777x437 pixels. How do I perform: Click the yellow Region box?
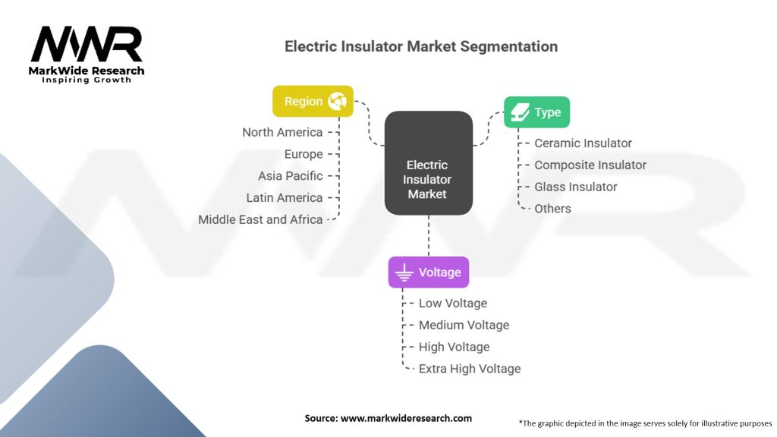(x=313, y=101)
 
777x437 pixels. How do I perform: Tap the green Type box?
(x=536, y=112)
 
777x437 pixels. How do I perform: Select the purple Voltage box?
(x=429, y=272)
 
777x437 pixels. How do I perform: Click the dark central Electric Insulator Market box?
(x=429, y=163)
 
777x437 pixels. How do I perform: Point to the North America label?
(x=282, y=132)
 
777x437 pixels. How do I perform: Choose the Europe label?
(x=304, y=154)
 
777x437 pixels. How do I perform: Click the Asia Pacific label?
(x=291, y=176)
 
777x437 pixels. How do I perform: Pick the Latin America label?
(x=285, y=198)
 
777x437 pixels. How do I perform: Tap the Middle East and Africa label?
(x=260, y=219)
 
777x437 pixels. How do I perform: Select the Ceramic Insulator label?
(x=583, y=143)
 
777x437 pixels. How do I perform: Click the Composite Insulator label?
(x=590, y=165)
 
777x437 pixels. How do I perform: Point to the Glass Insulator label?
(x=576, y=187)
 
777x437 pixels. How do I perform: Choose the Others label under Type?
(x=552, y=209)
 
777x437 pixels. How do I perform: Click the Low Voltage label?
(x=453, y=303)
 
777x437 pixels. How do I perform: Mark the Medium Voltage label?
(x=464, y=325)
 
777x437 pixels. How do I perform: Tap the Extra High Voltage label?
(x=470, y=369)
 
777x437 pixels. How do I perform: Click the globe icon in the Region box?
(x=337, y=101)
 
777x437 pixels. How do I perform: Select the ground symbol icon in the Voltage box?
(x=404, y=272)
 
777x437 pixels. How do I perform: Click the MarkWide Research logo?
(x=87, y=54)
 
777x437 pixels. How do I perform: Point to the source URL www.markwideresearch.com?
(x=407, y=418)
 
